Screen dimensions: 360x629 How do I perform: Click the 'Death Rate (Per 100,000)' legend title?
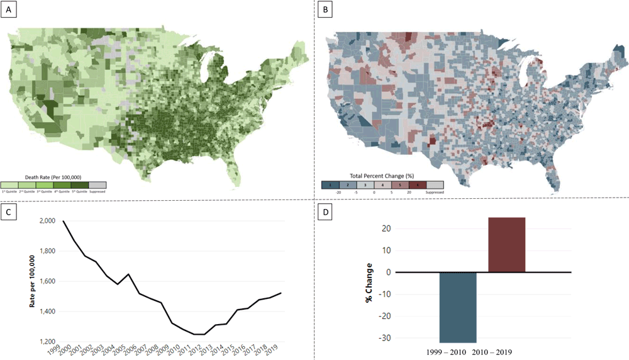(x=53, y=177)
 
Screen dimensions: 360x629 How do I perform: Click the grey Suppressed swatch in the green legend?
(x=97, y=184)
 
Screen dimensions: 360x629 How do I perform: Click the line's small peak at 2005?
(x=128, y=274)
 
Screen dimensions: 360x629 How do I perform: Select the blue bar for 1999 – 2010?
(x=458, y=307)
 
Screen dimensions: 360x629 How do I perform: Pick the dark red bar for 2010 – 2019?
(x=506, y=245)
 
